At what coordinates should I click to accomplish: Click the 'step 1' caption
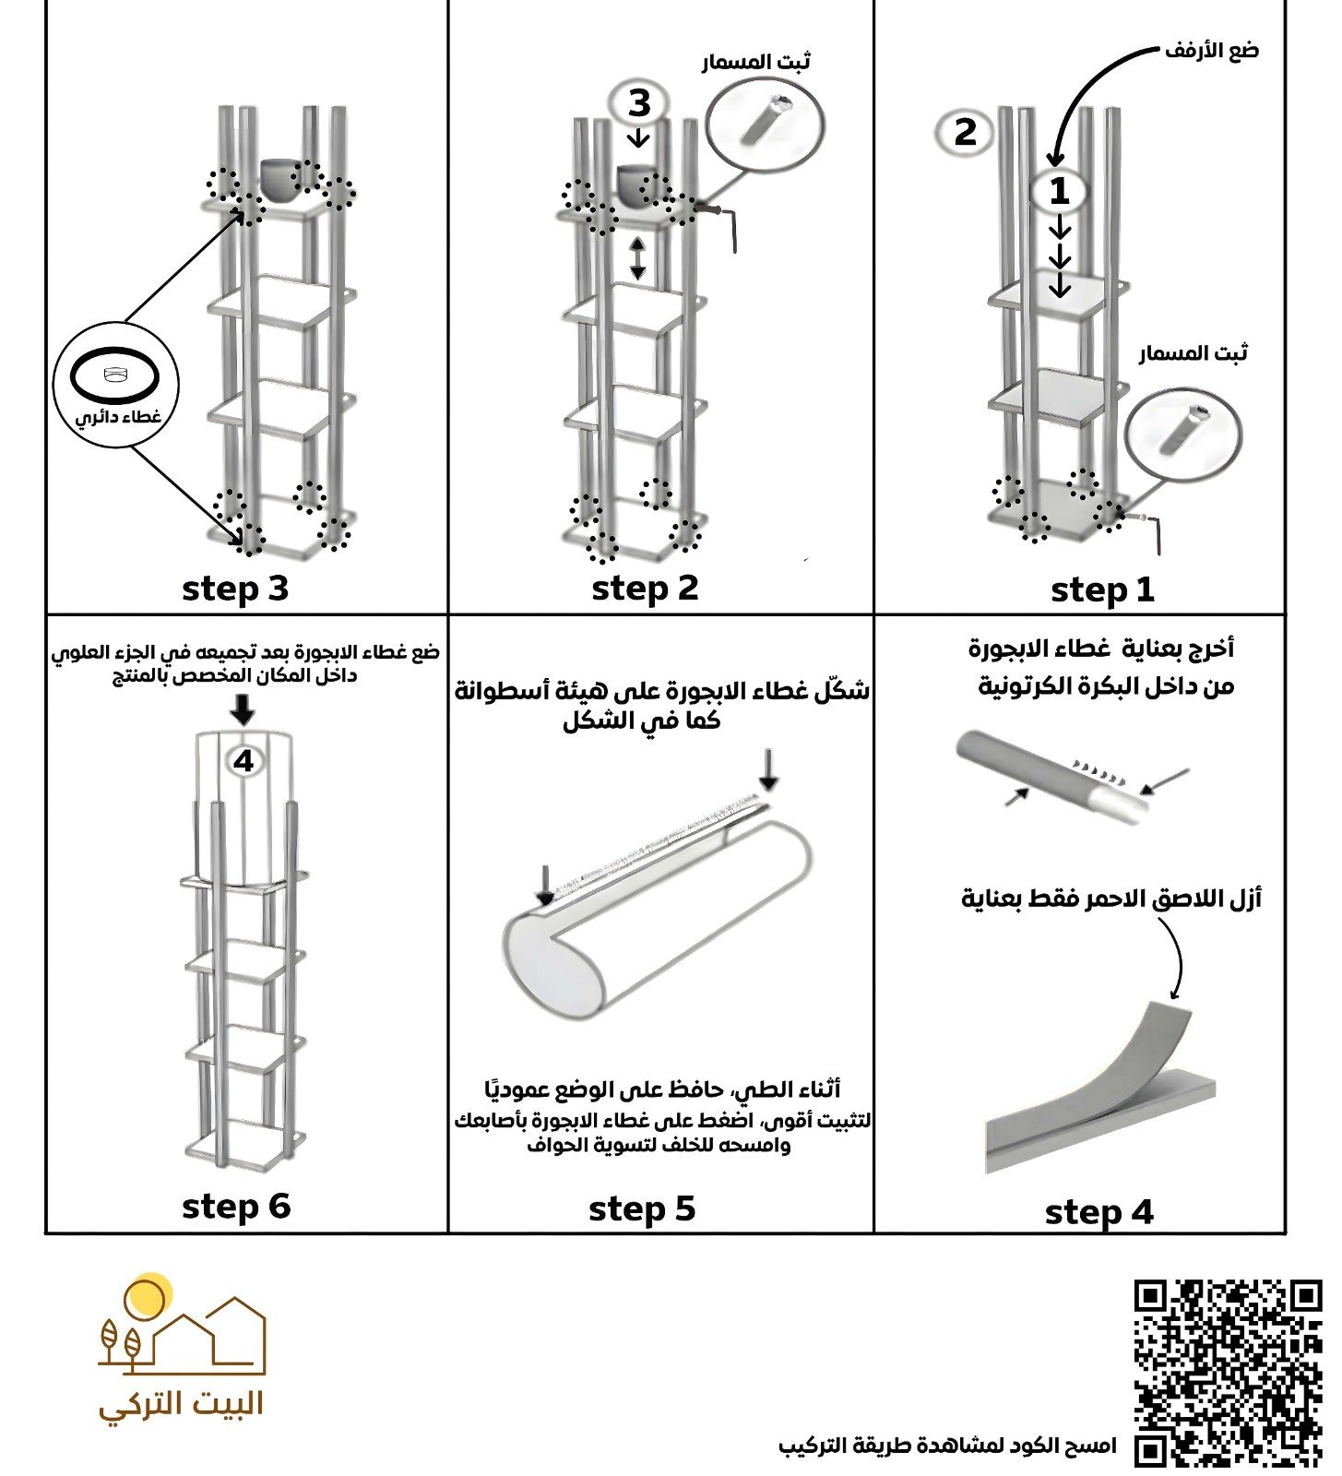tap(1102, 590)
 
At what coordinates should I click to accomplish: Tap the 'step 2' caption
tap(645, 589)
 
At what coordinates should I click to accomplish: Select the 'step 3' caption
tap(235, 589)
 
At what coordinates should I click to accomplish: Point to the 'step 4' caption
tap(1099, 1212)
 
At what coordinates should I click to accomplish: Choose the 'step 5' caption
tap(642, 1209)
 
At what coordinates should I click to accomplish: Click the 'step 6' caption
tap(236, 1207)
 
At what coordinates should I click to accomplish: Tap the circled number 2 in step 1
tap(965, 133)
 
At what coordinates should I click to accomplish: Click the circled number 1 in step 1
tap(1059, 192)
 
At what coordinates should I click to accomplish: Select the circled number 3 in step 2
tap(639, 103)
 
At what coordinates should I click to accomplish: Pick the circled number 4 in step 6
tap(243, 761)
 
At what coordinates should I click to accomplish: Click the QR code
tap(1228, 1372)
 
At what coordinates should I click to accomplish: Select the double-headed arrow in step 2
tap(637, 259)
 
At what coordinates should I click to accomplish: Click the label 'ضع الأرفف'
tap(1211, 51)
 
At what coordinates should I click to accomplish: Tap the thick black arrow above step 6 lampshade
tap(243, 709)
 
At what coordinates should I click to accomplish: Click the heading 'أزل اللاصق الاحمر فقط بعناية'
tap(1111, 899)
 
